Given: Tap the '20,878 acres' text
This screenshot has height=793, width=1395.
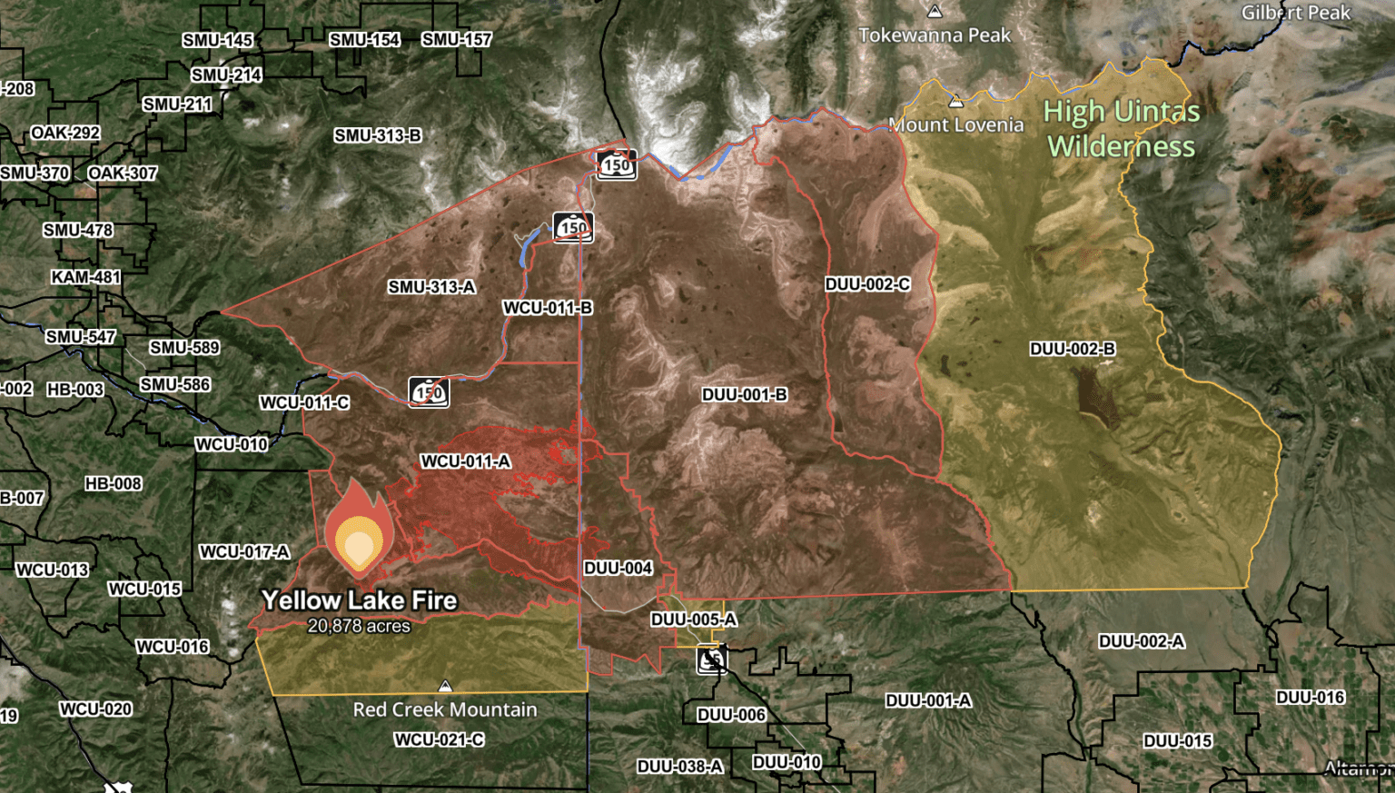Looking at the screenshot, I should click(x=359, y=626).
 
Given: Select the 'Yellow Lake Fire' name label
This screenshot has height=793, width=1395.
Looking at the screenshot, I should click(x=359, y=600).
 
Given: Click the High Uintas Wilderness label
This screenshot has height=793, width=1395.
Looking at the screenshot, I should click(x=1122, y=129).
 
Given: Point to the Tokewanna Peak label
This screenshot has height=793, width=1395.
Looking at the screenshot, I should click(x=935, y=35).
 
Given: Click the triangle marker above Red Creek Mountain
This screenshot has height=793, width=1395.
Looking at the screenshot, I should click(x=445, y=686).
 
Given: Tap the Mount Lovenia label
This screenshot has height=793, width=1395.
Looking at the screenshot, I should click(x=956, y=124).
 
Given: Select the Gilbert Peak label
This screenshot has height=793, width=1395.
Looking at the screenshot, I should click(x=1296, y=13).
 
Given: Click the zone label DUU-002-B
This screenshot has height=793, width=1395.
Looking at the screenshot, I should click(x=1072, y=349).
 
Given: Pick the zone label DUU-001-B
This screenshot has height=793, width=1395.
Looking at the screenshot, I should click(x=744, y=395).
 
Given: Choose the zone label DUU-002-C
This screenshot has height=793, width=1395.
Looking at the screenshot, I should click(x=867, y=284).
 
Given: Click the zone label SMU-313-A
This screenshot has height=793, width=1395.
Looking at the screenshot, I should click(x=431, y=287).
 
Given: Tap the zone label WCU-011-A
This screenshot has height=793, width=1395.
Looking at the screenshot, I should click(x=465, y=461).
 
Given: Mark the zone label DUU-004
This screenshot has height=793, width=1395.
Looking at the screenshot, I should click(x=618, y=568).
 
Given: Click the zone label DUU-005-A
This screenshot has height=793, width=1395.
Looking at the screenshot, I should click(x=694, y=620).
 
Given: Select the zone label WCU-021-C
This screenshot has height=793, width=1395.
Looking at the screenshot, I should click(x=439, y=739).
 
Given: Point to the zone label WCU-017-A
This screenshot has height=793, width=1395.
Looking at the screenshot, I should click(x=244, y=551).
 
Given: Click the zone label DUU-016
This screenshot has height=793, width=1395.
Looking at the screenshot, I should click(x=1311, y=697).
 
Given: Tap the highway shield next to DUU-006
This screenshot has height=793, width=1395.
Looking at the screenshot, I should click(x=712, y=659).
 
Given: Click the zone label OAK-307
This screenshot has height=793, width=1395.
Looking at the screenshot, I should click(x=123, y=173).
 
